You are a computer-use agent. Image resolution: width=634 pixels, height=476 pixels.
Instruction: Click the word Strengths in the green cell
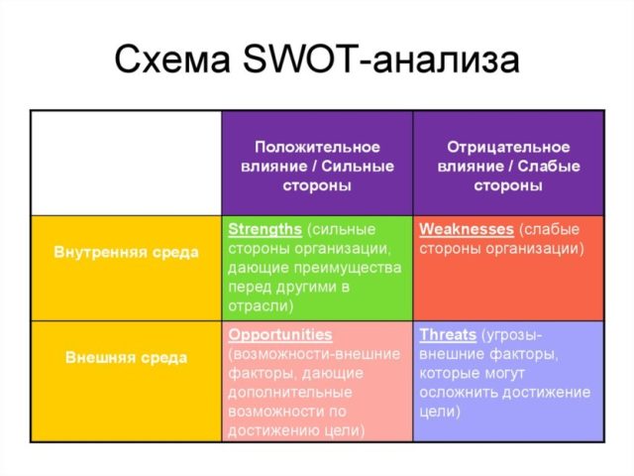click(x=264, y=229)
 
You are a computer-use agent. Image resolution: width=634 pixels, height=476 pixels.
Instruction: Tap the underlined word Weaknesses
click(x=467, y=229)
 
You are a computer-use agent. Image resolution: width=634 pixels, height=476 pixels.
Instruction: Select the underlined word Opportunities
click(x=279, y=335)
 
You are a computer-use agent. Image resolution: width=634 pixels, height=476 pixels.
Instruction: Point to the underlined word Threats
click(x=448, y=335)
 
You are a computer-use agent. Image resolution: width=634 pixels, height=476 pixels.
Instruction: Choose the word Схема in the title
click(x=172, y=59)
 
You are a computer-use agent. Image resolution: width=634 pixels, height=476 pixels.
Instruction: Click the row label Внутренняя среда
click(x=126, y=252)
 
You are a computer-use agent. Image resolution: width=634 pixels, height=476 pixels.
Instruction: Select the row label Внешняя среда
click(x=126, y=357)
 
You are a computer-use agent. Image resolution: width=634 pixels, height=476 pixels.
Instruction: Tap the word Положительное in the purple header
click(x=317, y=147)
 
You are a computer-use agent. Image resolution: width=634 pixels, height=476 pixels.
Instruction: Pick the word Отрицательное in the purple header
click(x=508, y=147)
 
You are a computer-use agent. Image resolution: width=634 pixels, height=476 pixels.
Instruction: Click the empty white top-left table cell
click(x=126, y=163)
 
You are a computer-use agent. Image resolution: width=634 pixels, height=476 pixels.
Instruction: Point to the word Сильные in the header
click(x=358, y=166)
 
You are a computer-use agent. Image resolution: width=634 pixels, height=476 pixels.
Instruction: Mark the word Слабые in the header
click(x=549, y=166)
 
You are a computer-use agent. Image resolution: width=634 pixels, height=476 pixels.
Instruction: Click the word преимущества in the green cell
click(x=348, y=269)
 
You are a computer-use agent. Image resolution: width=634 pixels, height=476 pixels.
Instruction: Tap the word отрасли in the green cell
click(x=261, y=306)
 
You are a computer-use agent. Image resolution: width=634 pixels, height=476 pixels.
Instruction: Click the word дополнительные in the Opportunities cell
click(x=290, y=393)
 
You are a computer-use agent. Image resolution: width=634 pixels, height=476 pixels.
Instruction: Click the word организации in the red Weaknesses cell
click(x=535, y=249)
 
